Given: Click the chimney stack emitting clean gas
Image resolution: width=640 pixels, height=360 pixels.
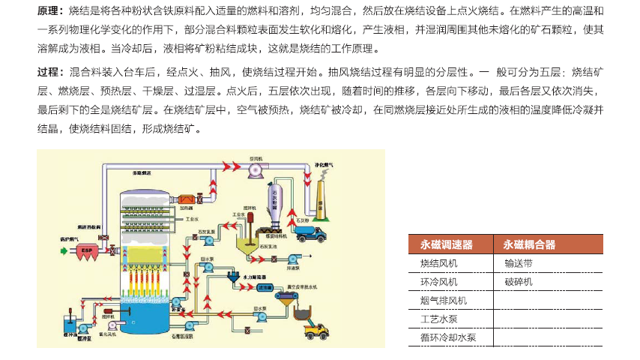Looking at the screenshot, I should pos(321,196).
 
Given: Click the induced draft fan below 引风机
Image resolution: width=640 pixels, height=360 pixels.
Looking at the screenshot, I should pos(256,171).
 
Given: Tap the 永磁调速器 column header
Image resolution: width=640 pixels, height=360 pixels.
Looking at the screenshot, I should pos(447,244).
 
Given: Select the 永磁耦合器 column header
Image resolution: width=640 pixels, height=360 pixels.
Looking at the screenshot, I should pos(529,244).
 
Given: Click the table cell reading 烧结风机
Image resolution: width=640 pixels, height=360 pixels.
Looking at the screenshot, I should pos(438,263).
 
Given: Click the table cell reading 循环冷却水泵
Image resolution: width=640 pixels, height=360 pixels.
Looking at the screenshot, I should pos(447,337).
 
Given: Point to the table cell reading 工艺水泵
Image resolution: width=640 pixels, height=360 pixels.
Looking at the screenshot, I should pos(438,319).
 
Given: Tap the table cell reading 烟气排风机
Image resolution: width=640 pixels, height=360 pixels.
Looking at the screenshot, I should pos(443,301).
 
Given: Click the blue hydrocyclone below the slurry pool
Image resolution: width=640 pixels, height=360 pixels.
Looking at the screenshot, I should pos(235,277).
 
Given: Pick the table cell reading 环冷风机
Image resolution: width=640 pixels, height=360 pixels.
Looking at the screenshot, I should pos(438,282).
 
